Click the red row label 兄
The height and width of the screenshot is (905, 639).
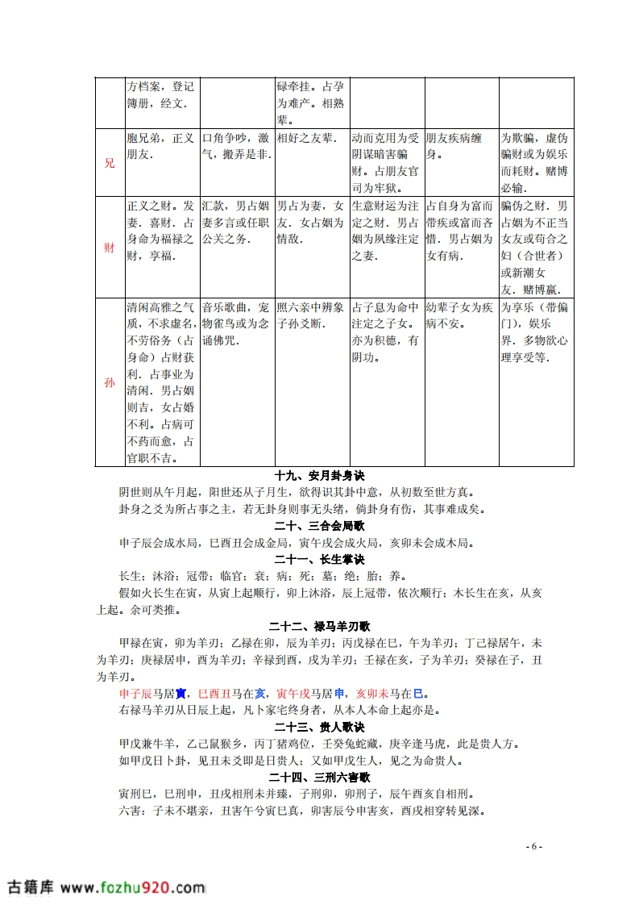tap(110, 162)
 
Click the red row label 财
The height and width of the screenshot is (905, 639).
tap(110, 248)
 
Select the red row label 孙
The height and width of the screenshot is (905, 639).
tap(110, 382)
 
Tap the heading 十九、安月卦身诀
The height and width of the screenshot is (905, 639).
tap(320, 476)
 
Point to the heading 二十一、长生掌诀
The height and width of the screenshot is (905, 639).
tap(320, 559)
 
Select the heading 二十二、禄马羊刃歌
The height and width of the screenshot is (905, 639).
tap(320, 626)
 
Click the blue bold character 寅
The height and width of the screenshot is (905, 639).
tap(181, 693)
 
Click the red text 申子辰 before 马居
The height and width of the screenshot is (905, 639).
tap(135, 693)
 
